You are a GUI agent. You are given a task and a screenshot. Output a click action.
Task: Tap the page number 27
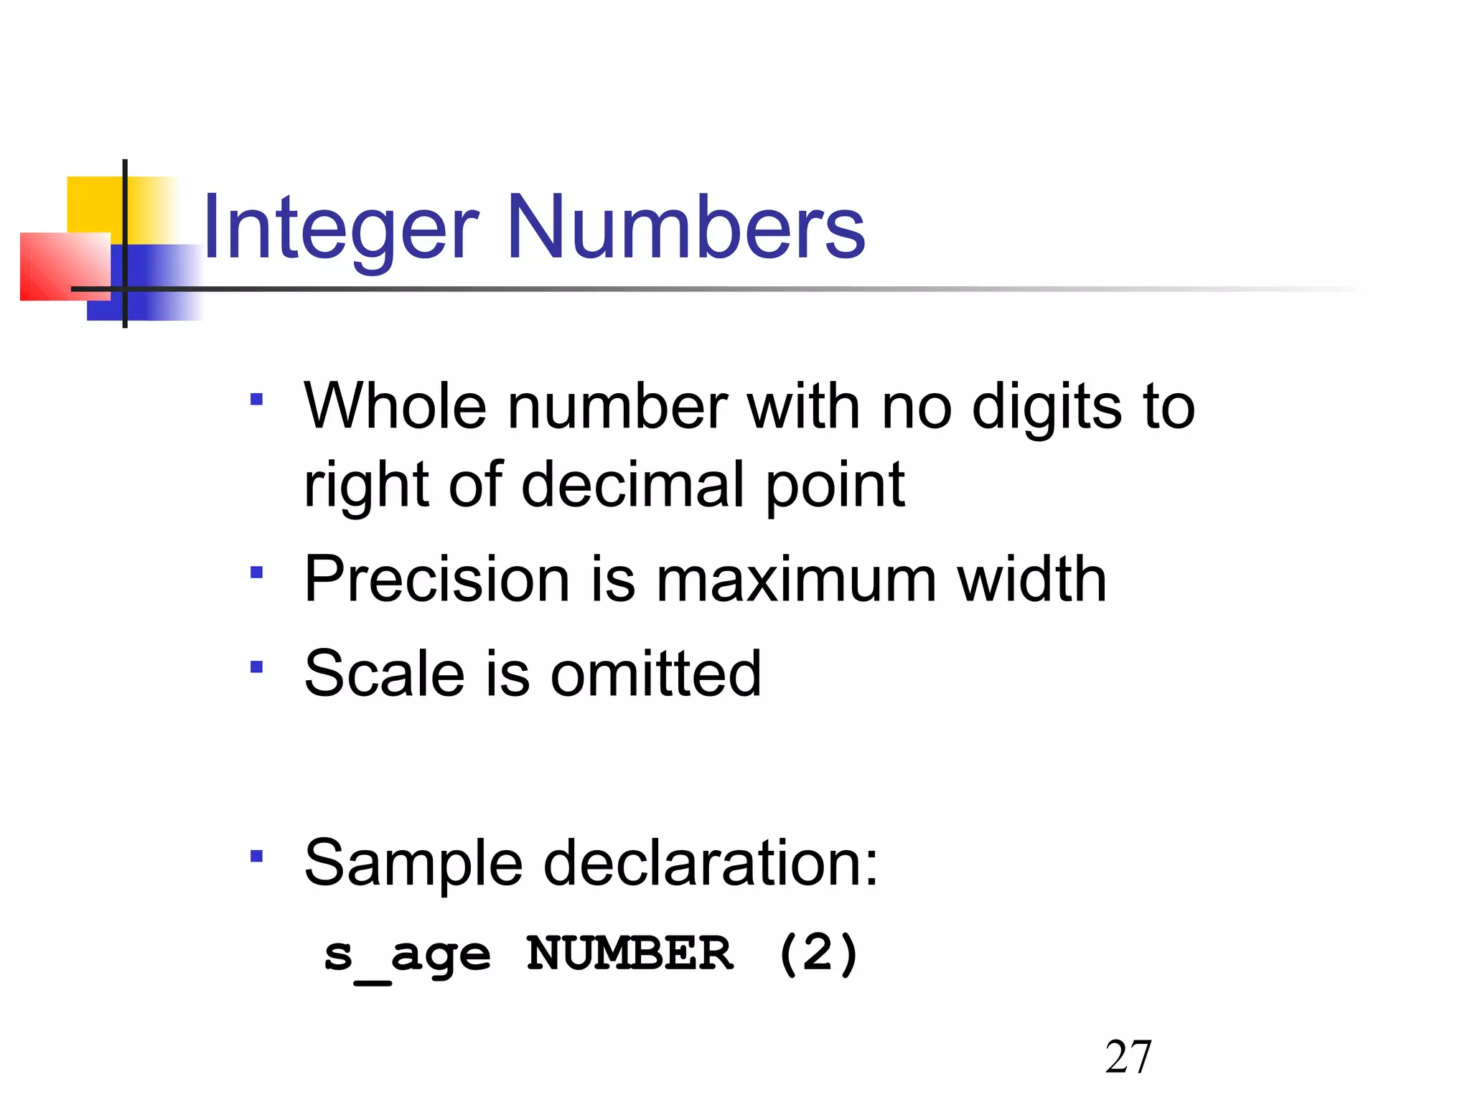1128,1057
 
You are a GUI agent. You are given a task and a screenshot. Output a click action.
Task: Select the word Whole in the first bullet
395,406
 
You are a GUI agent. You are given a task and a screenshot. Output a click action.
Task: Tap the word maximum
796,580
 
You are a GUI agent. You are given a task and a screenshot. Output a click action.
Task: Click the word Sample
413,862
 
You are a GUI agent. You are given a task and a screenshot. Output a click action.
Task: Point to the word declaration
711,862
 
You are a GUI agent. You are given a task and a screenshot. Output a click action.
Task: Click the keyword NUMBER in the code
629,953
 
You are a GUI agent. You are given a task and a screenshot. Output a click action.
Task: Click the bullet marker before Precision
256,573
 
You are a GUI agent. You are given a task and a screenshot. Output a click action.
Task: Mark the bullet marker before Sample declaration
256,855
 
